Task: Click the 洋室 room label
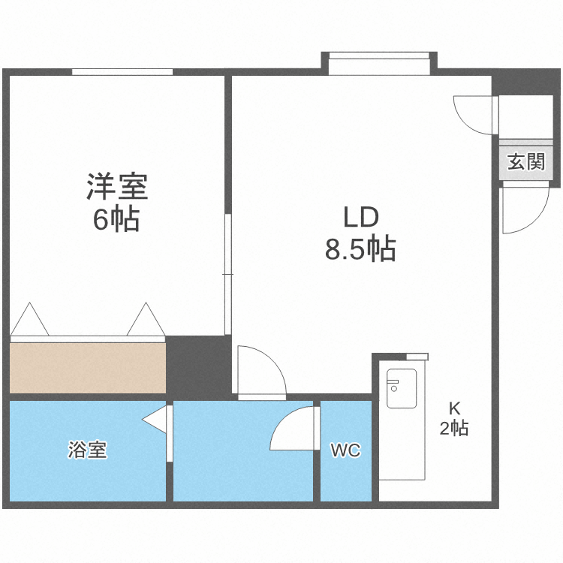pyautogui.click(x=117, y=186)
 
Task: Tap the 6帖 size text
pyautogui.click(x=117, y=219)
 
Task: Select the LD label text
pyautogui.click(x=360, y=218)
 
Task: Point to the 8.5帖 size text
pyautogui.click(x=360, y=249)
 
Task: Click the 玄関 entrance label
pyautogui.click(x=525, y=161)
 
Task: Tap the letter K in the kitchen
pyautogui.click(x=454, y=409)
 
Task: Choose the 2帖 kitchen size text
pyautogui.click(x=454, y=429)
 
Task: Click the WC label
pyautogui.click(x=346, y=450)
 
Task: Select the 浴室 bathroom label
pyautogui.click(x=87, y=450)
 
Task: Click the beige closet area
pyautogui.click(x=87, y=367)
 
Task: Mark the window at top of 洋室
pyautogui.click(x=122, y=72)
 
